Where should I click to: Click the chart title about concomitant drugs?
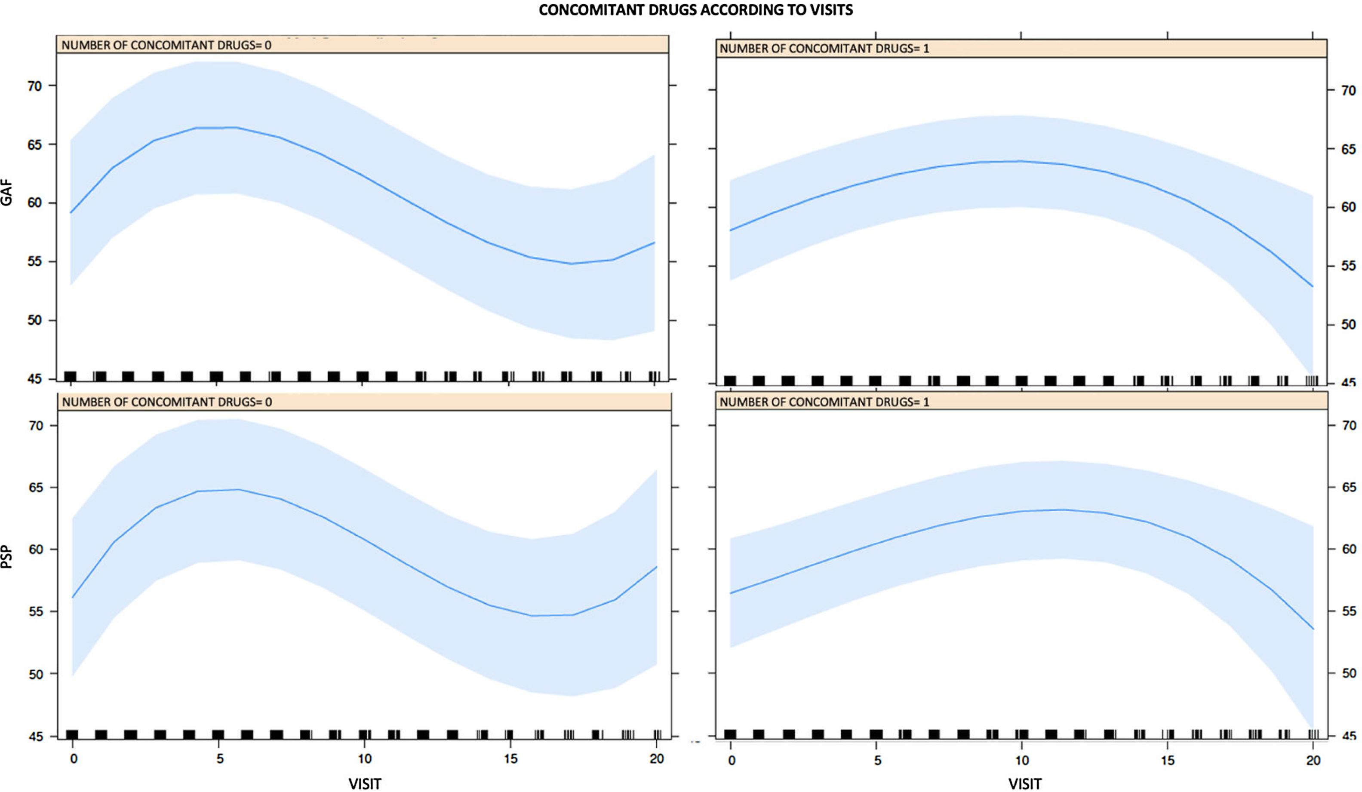[x=695, y=10]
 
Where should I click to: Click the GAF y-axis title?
[x=6, y=193]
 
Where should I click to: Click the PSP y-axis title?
[x=6, y=556]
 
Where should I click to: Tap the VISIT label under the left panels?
[x=365, y=783]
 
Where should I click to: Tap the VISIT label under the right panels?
[x=1025, y=783]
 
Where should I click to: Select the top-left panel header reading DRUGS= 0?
[x=166, y=45]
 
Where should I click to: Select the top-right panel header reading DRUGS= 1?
[x=824, y=49]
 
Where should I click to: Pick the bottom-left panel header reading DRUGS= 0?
[x=167, y=402]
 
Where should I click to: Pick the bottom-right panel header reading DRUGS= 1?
[x=824, y=402]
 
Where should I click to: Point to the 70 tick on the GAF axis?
[x=34, y=86]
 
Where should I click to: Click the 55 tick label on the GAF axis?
[x=34, y=261]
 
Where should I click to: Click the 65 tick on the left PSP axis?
[x=36, y=487]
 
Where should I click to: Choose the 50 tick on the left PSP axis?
[x=36, y=674]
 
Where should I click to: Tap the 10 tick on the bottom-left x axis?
[x=365, y=758]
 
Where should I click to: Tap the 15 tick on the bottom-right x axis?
[x=1168, y=760]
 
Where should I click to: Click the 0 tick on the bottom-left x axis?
[x=74, y=758]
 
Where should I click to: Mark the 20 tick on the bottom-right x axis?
[x=1313, y=760]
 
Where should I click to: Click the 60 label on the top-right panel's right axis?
[x=1348, y=207]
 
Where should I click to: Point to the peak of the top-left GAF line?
[x=216, y=128]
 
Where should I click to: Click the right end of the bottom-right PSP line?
[x=1313, y=629]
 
